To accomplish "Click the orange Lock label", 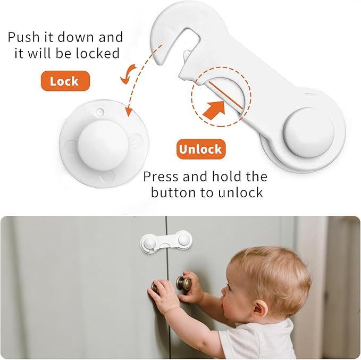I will [64, 81].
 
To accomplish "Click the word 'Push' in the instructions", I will [26, 37].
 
